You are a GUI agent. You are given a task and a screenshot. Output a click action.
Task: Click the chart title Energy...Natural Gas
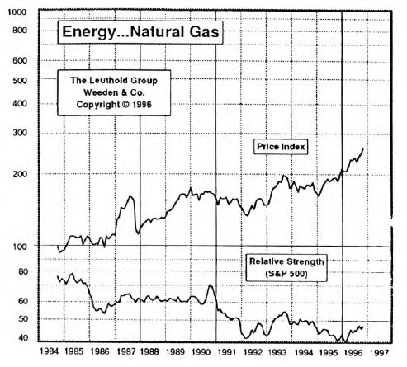tap(138, 33)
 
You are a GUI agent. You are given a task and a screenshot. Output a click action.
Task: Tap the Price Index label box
tap(279, 146)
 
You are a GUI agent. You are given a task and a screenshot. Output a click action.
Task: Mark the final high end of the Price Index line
tap(363, 149)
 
